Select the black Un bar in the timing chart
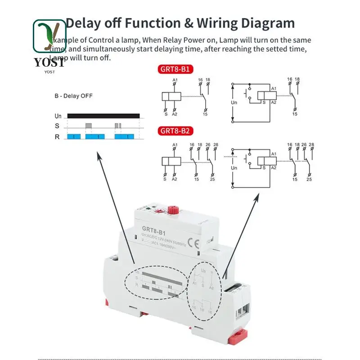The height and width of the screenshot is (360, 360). click(x=103, y=116)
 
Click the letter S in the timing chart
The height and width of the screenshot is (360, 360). click(x=57, y=126)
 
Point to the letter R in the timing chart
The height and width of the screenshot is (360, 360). click(x=57, y=136)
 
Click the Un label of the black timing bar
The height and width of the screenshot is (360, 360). click(x=58, y=116)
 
